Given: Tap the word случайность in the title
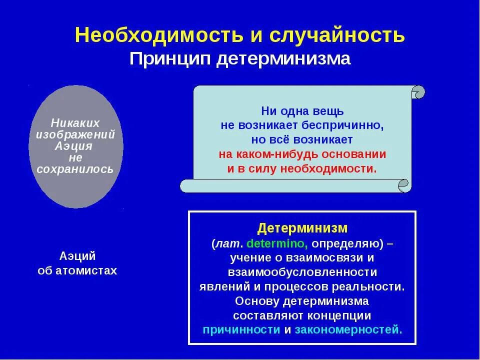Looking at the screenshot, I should pyautogui.click(x=337, y=35).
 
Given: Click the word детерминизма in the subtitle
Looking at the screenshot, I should pyautogui.click(x=283, y=58).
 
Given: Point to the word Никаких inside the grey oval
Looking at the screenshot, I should pyautogui.click(x=75, y=123).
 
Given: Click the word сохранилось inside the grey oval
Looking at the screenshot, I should pyautogui.click(x=75, y=169).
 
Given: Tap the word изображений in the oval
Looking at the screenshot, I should pyautogui.click(x=75, y=134).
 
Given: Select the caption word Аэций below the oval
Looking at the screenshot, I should pyautogui.click(x=77, y=256).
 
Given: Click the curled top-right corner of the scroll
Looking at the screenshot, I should pyautogui.click(x=418, y=92).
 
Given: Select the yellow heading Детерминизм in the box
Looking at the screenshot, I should pyautogui.click(x=302, y=228).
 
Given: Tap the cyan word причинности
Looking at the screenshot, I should pyautogui.click(x=241, y=330).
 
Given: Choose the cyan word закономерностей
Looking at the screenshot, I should pyautogui.click(x=348, y=330).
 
